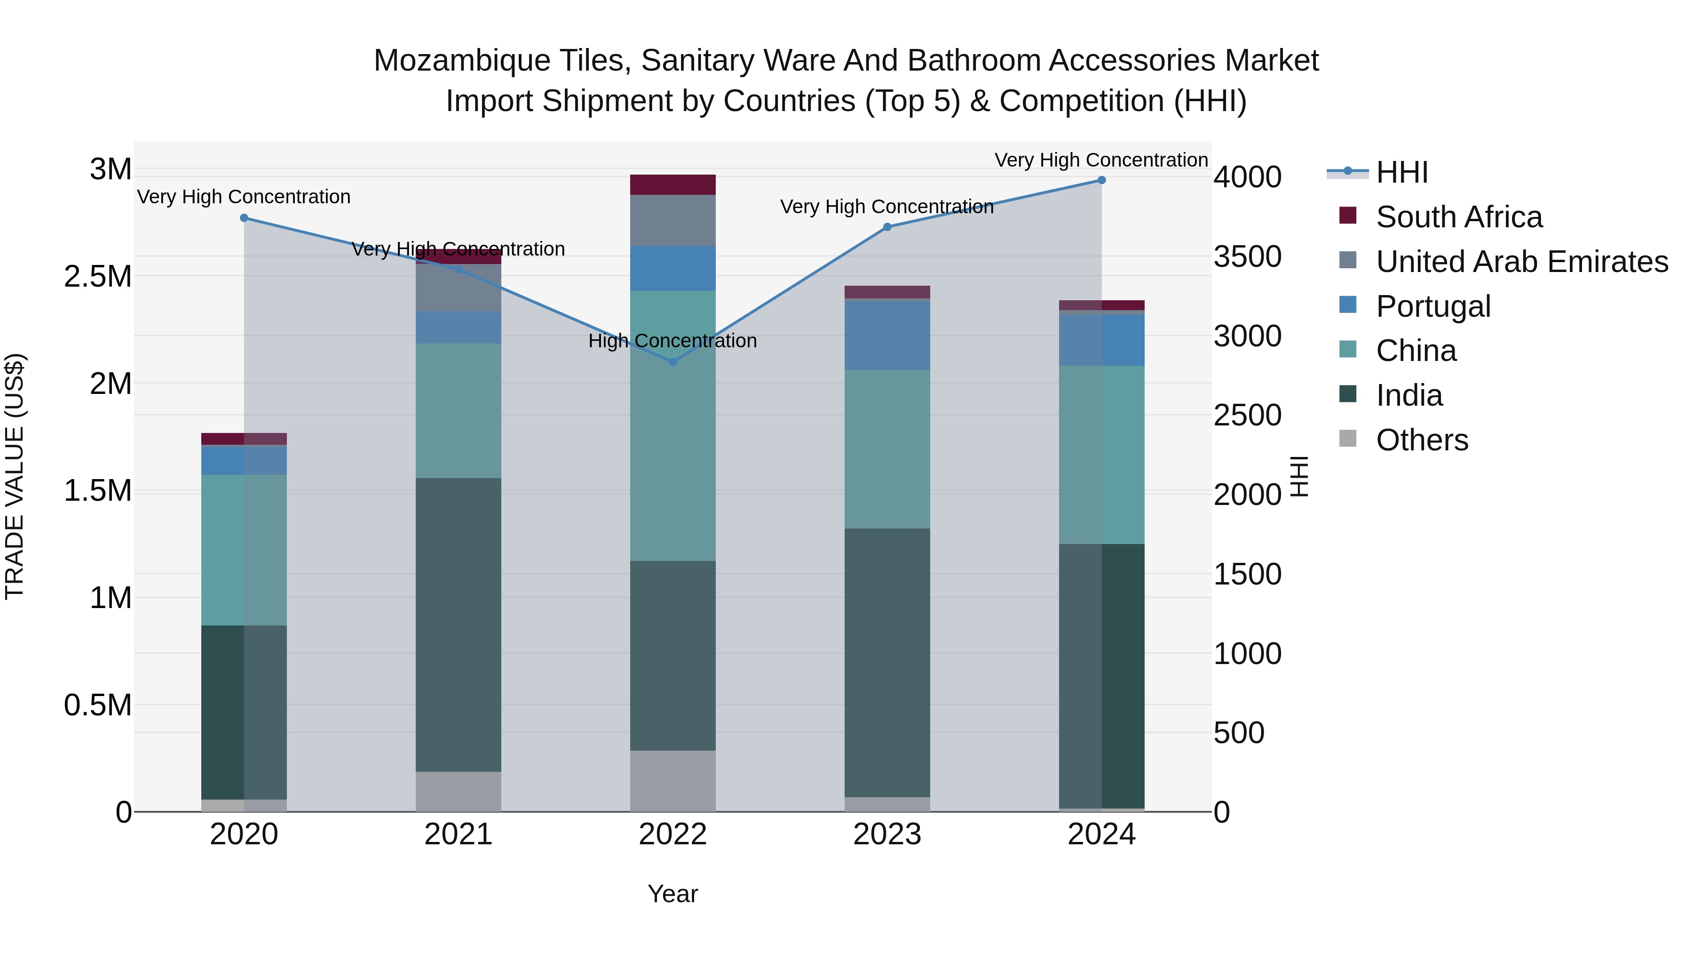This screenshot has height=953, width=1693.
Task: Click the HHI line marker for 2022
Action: pos(672,362)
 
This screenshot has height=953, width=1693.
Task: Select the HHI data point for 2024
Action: pos(1101,180)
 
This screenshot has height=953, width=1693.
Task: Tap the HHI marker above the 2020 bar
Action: pos(244,218)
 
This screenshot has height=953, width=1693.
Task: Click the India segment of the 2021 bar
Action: pos(458,625)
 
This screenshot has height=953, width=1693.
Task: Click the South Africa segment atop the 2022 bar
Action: pos(672,185)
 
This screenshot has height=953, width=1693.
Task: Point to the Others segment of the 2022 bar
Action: pos(672,781)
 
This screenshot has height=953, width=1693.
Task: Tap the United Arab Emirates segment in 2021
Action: pos(458,288)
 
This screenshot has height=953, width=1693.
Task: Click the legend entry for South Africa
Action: pos(1458,217)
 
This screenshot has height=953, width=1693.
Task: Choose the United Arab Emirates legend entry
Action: pos(1521,262)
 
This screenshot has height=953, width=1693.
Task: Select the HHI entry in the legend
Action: pos(1401,172)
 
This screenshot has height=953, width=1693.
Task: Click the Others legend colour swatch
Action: pos(1347,439)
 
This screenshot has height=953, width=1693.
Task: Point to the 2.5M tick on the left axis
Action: pos(98,277)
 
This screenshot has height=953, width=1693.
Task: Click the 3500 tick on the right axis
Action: pos(1247,256)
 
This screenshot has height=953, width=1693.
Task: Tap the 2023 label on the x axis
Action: pos(886,834)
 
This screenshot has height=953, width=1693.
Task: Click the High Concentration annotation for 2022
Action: pos(672,341)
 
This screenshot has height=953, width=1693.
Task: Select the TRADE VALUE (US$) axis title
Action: pos(15,476)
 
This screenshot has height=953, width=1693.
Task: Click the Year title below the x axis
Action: pos(672,894)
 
